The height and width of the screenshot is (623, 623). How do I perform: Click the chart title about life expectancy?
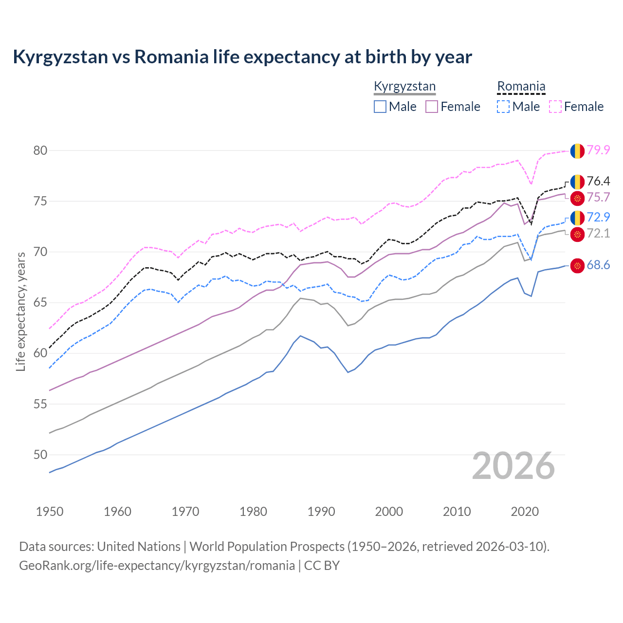(x=242, y=57)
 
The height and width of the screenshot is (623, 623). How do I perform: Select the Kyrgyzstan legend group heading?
(x=404, y=87)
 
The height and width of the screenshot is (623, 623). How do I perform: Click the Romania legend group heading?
(x=521, y=87)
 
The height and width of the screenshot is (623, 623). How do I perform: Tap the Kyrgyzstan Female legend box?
(x=432, y=107)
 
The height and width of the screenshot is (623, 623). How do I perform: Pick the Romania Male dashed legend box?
(x=503, y=107)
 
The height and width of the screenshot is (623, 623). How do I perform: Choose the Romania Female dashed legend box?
(x=555, y=107)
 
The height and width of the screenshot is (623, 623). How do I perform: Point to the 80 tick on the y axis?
(x=40, y=150)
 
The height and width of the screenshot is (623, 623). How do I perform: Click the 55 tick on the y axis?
(x=40, y=404)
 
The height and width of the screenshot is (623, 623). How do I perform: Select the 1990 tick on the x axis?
(x=321, y=512)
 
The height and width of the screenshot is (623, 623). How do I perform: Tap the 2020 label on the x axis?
(x=525, y=512)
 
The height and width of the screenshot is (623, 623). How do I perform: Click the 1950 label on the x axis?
(x=50, y=512)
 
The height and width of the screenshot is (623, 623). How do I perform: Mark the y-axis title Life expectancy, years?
(x=21, y=311)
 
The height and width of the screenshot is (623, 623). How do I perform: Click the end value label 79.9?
(x=598, y=150)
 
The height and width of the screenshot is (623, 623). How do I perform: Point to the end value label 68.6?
(x=598, y=265)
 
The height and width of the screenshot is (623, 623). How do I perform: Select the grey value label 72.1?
(x=598, y=234)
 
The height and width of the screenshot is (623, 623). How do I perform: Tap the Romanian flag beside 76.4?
(x=577, y=182)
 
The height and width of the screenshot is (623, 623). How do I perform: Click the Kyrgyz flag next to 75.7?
(x=577, y=198)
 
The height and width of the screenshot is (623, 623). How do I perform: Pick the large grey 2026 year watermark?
(x=513, y=466)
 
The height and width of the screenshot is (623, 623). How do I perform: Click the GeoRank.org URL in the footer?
(x=157, y=566)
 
